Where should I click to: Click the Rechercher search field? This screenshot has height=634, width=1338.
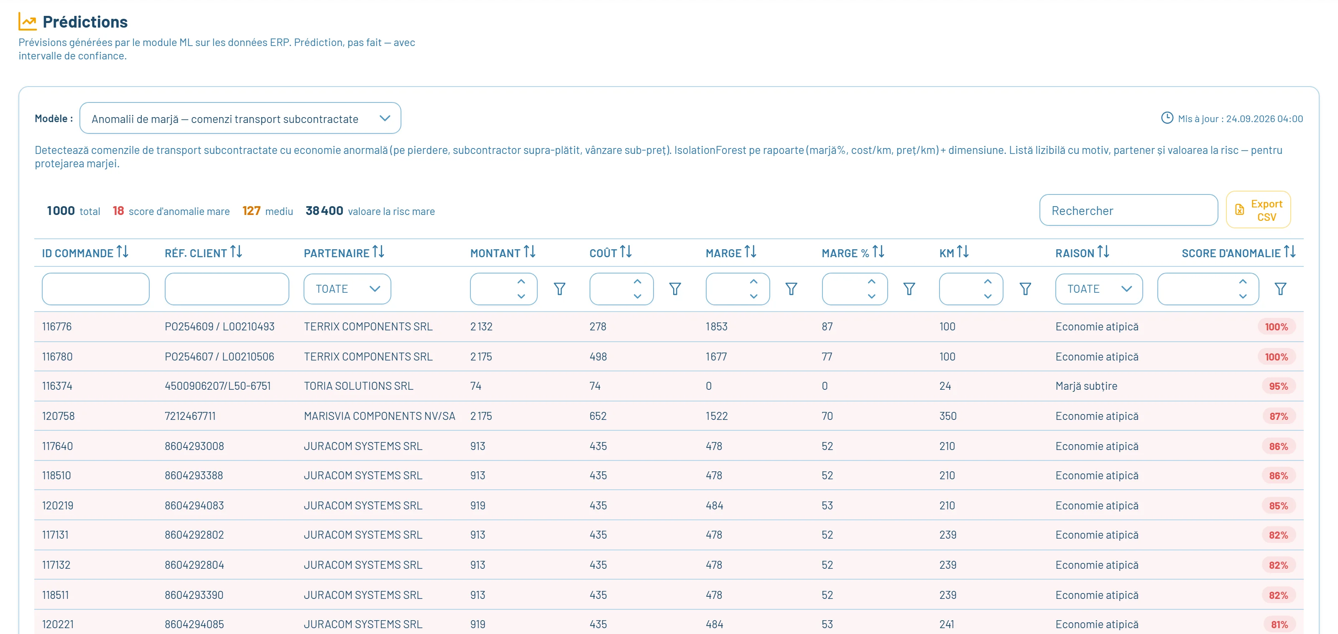1128,210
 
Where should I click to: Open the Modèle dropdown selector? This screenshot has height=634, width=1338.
240,118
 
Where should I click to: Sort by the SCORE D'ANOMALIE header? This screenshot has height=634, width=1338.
1238,253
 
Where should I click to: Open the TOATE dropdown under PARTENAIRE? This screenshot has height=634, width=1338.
347,289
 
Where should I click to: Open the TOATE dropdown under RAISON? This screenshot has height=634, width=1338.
1098,289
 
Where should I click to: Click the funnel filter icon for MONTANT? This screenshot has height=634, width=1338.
559,289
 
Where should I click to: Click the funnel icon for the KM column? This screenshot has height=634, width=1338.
1025,289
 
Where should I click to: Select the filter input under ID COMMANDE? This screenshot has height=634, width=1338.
96,289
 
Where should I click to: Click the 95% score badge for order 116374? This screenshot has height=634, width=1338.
1278,386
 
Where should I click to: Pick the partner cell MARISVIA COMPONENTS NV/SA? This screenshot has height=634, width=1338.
380,416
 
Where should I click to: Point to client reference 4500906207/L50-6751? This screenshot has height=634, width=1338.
217,386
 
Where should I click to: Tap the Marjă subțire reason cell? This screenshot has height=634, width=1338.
1086,386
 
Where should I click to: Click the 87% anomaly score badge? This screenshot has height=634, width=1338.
1278,416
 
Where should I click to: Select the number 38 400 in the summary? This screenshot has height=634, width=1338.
324,210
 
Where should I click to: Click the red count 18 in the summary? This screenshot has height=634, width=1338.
118,210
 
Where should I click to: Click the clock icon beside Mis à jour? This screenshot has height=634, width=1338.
1167,118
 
